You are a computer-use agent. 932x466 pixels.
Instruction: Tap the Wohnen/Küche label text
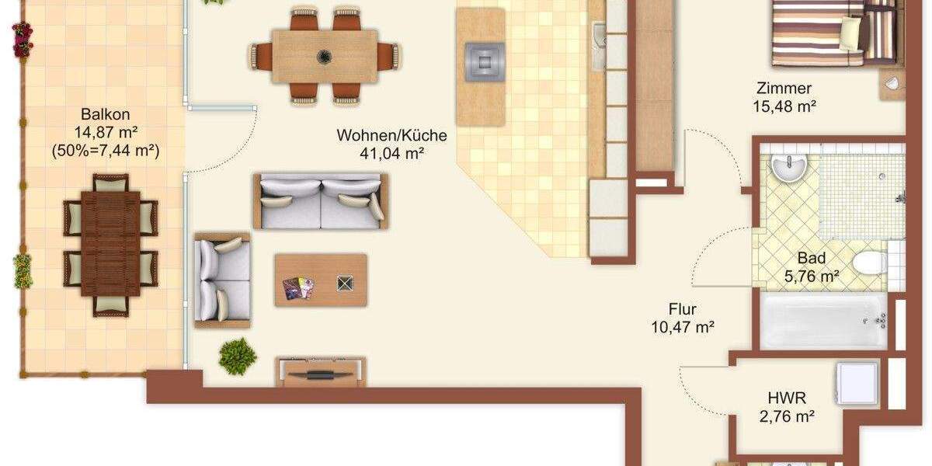tap(391, 135)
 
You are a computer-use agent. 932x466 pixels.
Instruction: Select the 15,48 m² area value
tap(784, 106)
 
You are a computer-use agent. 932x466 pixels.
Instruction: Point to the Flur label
tap(683, 309)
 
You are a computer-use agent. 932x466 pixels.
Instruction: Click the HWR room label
tap(786, 398)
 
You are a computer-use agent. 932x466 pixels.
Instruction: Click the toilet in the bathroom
tap(871, 262)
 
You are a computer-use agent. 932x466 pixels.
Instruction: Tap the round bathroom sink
tap(790, 165)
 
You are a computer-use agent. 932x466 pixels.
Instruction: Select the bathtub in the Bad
tap(823, 321)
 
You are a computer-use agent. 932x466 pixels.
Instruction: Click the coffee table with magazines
tap(321, 280)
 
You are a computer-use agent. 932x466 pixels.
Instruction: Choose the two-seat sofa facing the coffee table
tap(321, 200)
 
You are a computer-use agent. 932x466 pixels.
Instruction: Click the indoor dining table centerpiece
tap(324, 55)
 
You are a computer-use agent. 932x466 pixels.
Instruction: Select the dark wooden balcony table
tap(110, 243)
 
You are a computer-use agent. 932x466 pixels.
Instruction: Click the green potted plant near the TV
tap(237, 356)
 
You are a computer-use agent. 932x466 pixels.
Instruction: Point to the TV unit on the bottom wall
tap(320, 372)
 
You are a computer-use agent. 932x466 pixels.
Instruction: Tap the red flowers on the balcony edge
tap(22, 39)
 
